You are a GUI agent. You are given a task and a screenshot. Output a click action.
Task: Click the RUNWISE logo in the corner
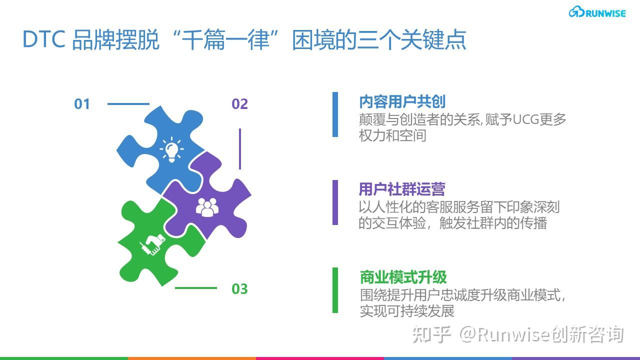[x=597, y=13]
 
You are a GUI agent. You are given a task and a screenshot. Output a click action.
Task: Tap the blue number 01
[x=82, y=104]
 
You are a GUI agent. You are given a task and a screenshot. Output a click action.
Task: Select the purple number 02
[x=239, y=104]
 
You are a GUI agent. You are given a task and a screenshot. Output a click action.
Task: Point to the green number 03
[x=239, y=289]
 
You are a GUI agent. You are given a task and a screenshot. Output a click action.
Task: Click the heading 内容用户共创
[x=402, y=101]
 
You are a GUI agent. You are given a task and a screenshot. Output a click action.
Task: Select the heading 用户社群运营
[x=401, y=189]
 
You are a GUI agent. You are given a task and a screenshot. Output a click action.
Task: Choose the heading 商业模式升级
[x=403, y=277]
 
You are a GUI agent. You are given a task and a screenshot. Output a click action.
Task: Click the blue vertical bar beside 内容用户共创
[x=335, y=114]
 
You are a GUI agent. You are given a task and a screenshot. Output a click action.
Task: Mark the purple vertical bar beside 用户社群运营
[x=335, y=202]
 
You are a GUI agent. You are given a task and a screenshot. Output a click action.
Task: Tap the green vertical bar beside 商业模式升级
[x=335, y=290]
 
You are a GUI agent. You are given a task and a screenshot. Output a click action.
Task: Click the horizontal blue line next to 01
[x=128, y=104]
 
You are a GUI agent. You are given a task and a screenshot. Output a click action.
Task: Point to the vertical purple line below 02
[x=240, y=148]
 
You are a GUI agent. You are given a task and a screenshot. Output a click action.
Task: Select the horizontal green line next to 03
[x=195, y=288]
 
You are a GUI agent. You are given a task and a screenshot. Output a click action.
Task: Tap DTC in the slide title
[x=43, y=40]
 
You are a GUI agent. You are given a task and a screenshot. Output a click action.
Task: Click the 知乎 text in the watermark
[x=431, y=334]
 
